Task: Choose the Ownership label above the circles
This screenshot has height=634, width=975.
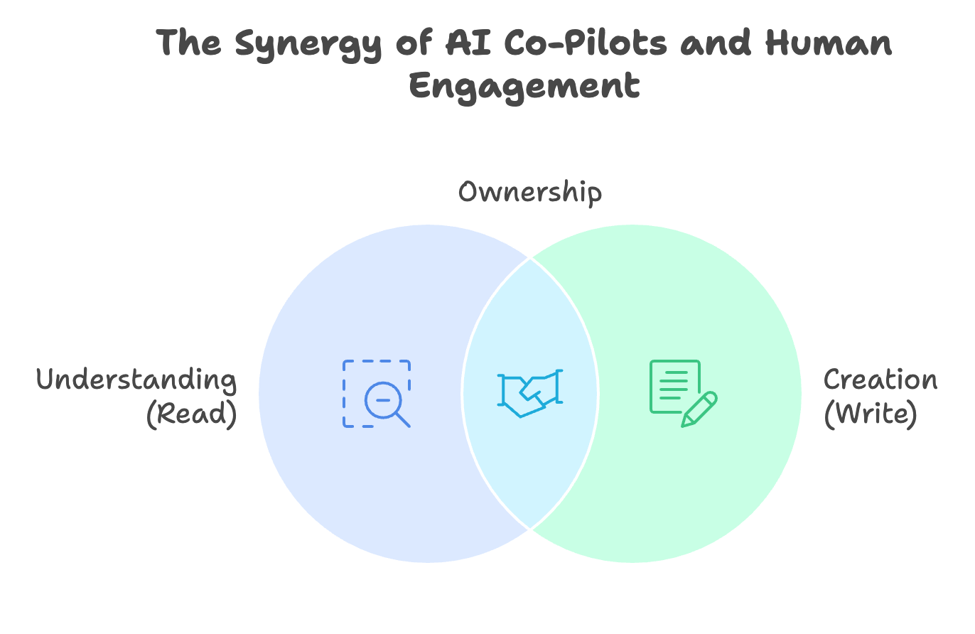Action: point(529,193)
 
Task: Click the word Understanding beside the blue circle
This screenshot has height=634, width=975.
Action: point(136,380)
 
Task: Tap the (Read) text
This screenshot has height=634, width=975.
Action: point(191,414)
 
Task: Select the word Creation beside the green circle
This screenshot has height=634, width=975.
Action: point(880,380)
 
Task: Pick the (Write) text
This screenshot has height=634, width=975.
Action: point(871,414)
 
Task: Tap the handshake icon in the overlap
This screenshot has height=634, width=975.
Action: point(530,393)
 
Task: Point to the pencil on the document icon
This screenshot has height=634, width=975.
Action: point(699,409)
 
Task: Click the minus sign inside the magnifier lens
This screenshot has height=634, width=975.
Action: point(382,400)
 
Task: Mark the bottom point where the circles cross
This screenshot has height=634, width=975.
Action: point(530,529)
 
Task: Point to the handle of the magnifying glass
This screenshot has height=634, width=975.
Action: point(403,419)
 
